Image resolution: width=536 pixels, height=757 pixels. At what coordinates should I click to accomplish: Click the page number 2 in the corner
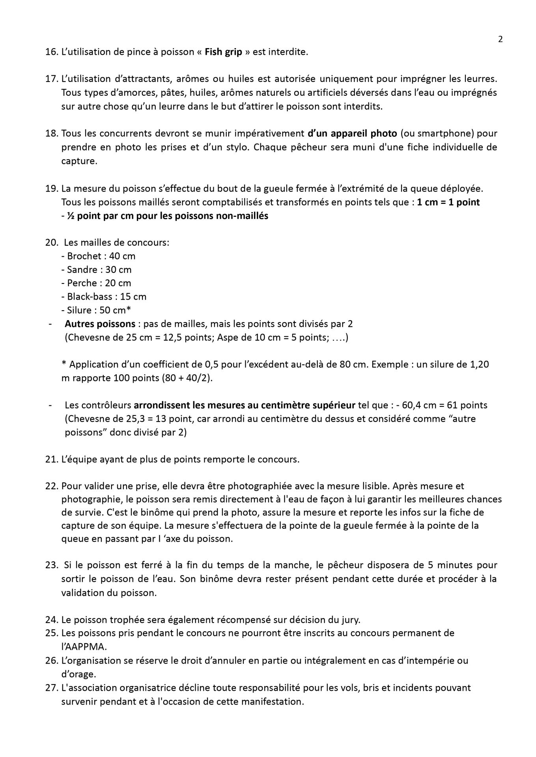(501, 39)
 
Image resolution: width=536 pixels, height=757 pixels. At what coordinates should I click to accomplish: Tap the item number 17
(52, 79)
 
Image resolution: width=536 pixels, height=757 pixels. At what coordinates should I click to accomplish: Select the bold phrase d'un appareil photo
(352, 133)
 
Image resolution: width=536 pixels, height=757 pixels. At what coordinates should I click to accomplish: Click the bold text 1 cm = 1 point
(448, 202)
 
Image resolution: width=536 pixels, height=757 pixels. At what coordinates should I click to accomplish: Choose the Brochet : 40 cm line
(99, 256)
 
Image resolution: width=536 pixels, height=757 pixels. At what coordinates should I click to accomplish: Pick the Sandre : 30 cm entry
(97, 270)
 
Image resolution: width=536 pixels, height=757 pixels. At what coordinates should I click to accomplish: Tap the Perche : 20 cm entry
(96, 283)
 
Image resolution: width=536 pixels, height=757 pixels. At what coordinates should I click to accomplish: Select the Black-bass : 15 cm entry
(104, 296)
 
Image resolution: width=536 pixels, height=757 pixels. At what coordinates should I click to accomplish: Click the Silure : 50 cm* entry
(96, 310)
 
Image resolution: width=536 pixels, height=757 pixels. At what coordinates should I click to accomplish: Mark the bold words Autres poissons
(100, 324)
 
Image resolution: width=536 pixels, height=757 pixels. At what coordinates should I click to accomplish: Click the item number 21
(52, 460)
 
